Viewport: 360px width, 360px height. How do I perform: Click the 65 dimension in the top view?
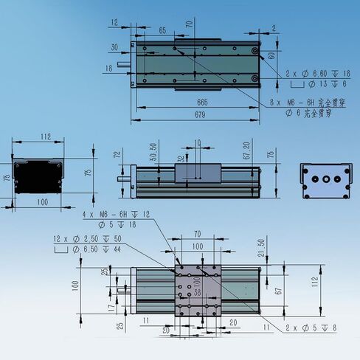162,30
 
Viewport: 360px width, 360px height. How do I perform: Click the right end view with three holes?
324,180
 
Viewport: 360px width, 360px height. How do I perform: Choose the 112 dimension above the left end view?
45,136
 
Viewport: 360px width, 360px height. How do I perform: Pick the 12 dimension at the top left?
115,23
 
